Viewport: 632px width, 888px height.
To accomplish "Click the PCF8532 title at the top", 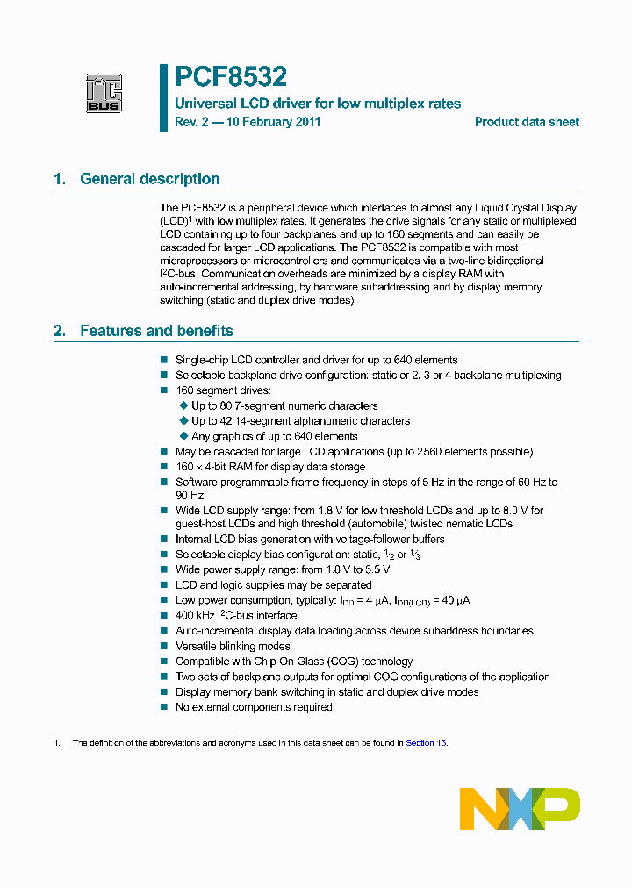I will pos(230,77).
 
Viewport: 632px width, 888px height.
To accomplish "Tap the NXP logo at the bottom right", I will pos(520,808).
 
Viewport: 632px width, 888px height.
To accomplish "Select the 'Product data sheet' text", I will pos(527,122).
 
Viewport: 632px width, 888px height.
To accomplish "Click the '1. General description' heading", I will pos(137,179).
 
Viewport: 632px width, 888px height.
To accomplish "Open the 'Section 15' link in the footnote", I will pos(426,743).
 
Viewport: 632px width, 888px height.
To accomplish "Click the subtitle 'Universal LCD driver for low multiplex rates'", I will pos(318,104).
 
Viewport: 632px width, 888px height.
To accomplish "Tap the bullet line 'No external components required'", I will pos(254,707).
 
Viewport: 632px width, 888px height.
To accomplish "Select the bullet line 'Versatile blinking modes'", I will pos(233,646).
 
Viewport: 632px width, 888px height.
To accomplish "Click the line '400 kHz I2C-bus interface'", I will pos(236,615).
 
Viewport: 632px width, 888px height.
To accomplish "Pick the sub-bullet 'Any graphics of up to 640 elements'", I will pos(274,436).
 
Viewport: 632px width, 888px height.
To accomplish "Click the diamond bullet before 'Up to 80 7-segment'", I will pos(183,405).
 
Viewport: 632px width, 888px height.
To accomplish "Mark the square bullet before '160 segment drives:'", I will pos(163,390).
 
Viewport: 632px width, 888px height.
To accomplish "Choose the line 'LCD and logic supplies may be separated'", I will pos(273,584).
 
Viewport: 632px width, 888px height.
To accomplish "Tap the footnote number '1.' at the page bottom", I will pos(57,743).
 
